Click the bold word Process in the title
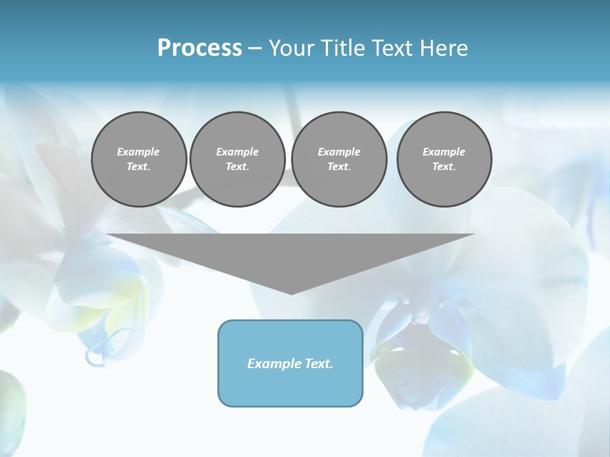(x=200, y=48)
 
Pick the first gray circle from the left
(x=139, y=159)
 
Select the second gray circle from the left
(x=238, y=159)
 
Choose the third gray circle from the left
(x=339, y=159)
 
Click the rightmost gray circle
(x=444, y=159)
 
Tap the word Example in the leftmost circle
(x=139, y=152)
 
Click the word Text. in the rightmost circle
(x=444, y=167)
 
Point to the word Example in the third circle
(x=339, y=152)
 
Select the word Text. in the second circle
(x=238, y=167)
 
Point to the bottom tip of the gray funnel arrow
(x=291, y=293)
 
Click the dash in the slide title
(x=255, y=48)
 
